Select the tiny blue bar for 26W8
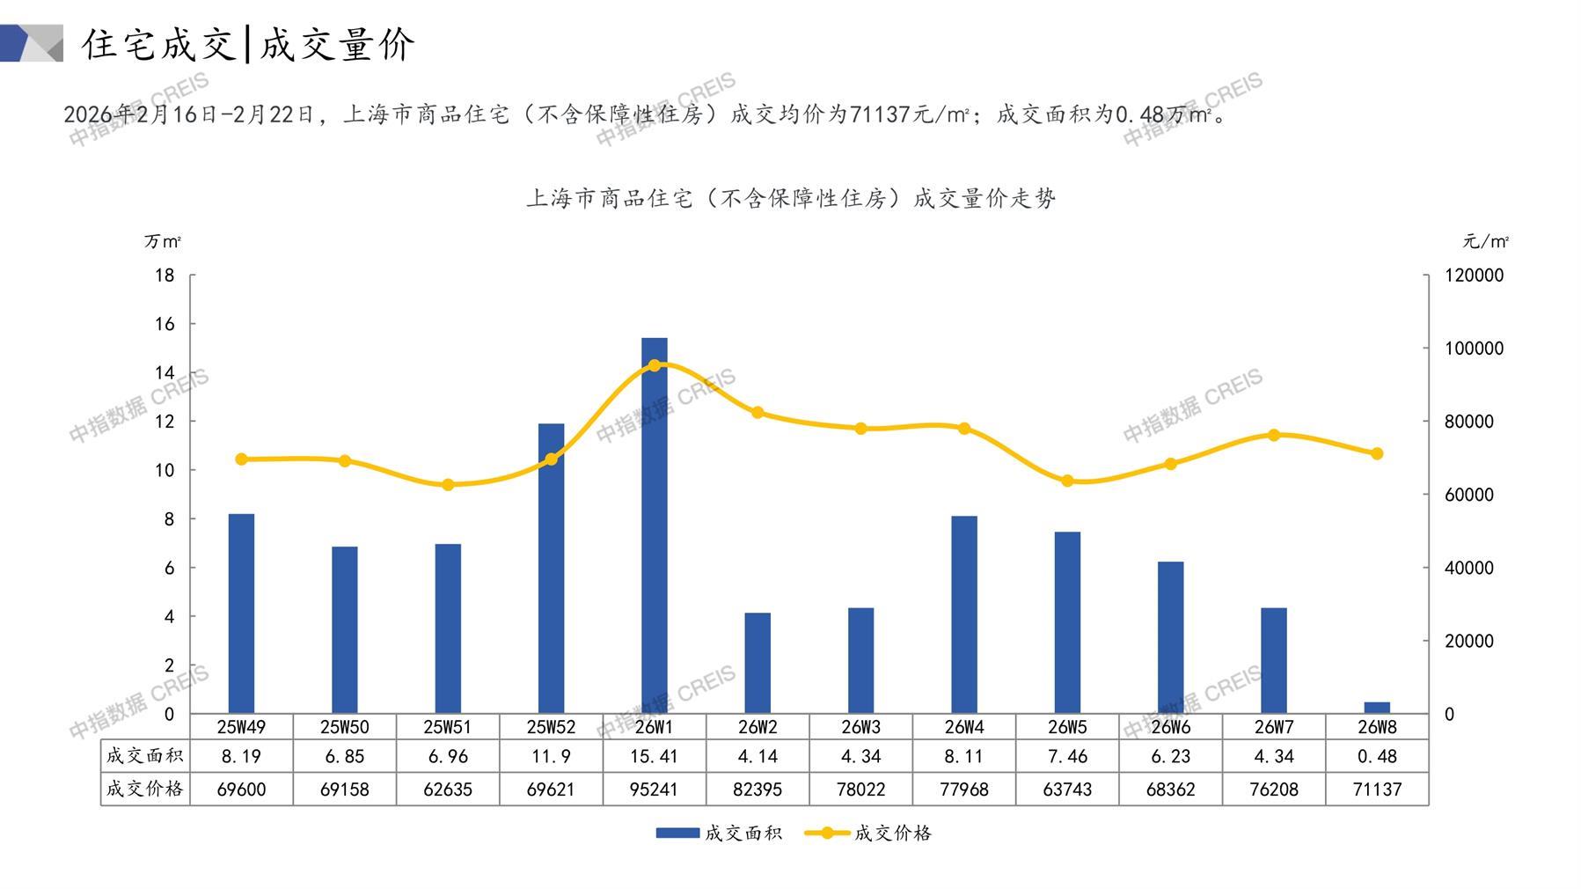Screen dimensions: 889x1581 (x=1377, y=708)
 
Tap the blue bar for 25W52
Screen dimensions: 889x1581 (x=551, y=568)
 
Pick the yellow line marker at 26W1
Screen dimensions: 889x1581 (x=654, y=365)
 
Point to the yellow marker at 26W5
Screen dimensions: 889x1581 (x=1067, y=481)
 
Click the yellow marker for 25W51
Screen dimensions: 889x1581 (x=448, y=485)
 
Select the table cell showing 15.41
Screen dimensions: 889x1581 (x=654, y=756)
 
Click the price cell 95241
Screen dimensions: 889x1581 (x=654, y=790)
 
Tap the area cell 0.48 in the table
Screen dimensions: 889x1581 (x=1377, y=756)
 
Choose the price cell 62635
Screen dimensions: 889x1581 (x=448, y=790)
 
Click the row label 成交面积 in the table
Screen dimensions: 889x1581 (x=144, y=755)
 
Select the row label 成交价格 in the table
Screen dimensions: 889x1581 (x=144, y=789)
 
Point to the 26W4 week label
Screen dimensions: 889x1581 (x=964, y=727)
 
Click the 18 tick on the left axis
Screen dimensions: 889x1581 (x=165, y=276)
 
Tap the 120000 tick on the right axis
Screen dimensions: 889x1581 (x=1474, y=276)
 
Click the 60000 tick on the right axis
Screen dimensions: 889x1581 (x=1468, y=495)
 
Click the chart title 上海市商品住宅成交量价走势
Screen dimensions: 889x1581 (x=790, y=198)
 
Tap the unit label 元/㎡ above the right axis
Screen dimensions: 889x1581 (x=1485, y=241)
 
